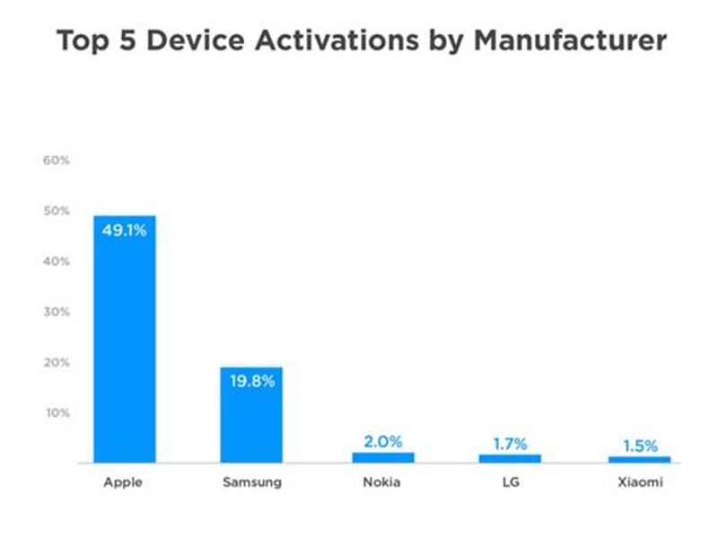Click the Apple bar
[x=125, y=340]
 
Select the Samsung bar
[x=251, y=415]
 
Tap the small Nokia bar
[x=383, y=457]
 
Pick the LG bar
[x=510, y=458]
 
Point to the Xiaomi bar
[x=640, y=459]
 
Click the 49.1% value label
[x=125, y=230]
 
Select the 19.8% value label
[x=252, y=381]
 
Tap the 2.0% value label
[x=383, y=441]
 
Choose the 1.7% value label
[x=510, y=444]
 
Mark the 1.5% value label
[x=640, y=446]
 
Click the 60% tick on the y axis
[x=57, y=161]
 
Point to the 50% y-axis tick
[x=57, y=211]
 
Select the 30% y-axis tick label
[x=57, y=312]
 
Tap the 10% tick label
[x=57, y=413]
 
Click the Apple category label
[x=123, y=482]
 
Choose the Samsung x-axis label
[x=252, y=482]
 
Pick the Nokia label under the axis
[x=382, y=482]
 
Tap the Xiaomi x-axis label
[x=640, y=482]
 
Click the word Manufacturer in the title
[x=570, y=40]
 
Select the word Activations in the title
[x=337, y=40]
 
